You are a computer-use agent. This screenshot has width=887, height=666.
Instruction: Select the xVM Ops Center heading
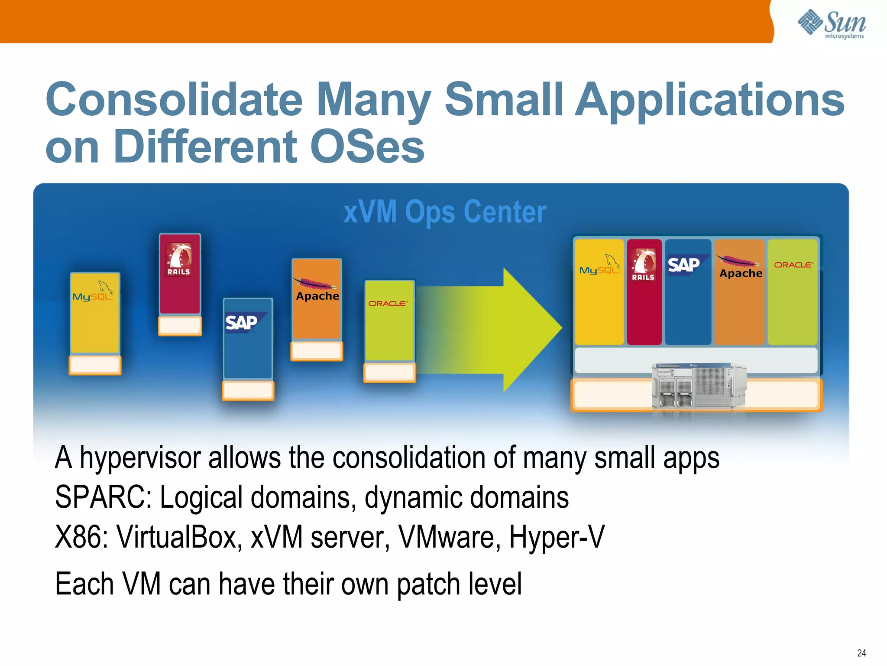445,212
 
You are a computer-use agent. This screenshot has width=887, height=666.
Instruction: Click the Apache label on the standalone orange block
317,296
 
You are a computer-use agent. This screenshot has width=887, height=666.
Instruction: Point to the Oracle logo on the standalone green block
388,304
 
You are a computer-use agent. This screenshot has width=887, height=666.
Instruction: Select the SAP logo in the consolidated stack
684,264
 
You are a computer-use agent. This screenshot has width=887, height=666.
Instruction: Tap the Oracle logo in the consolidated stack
793,264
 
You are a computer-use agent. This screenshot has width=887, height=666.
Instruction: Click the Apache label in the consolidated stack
741,273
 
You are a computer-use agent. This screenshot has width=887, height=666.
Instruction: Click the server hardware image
698,386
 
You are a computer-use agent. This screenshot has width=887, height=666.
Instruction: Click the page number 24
861,653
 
